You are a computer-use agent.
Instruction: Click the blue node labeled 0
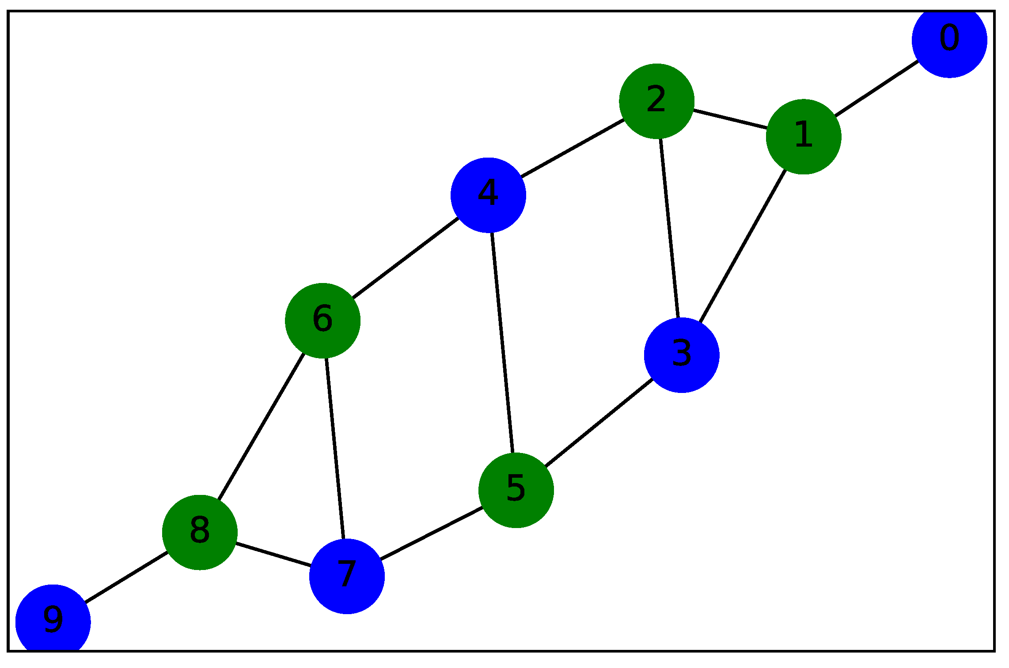[x=949, y=40]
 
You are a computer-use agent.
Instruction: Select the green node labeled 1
[x=803, y=136]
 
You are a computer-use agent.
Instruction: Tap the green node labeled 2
[x=656, y=101]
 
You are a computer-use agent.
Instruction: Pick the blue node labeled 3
[x=681, y=355]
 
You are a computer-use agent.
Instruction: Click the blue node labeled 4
[x=488, y=195]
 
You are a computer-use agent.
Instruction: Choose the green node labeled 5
[x=516, y=490]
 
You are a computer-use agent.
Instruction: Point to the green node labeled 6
[x=322, y=321]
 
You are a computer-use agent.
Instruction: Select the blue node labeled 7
[x=347, y=576]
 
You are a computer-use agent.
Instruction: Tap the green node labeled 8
[x=200, y=532]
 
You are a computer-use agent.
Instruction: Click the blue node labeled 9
[x=53, y=622]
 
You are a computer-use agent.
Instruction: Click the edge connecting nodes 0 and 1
[x=876, y=88]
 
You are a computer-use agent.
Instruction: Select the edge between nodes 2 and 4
[x=572, y=148]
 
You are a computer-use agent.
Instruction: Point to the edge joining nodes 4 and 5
[x=502, y=343]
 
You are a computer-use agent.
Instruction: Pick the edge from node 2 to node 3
[x=669, y=228]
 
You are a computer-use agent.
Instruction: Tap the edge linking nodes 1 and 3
[x=742, y=246]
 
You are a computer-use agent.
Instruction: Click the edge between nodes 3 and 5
[x=599, y=423]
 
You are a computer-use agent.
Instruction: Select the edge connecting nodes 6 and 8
[x=261, y=426]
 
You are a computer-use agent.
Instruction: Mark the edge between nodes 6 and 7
[x=334, y=448]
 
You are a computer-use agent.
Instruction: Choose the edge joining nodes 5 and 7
[x=431, y=533]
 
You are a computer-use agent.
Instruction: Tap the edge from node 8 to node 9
[x=126, y=577]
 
